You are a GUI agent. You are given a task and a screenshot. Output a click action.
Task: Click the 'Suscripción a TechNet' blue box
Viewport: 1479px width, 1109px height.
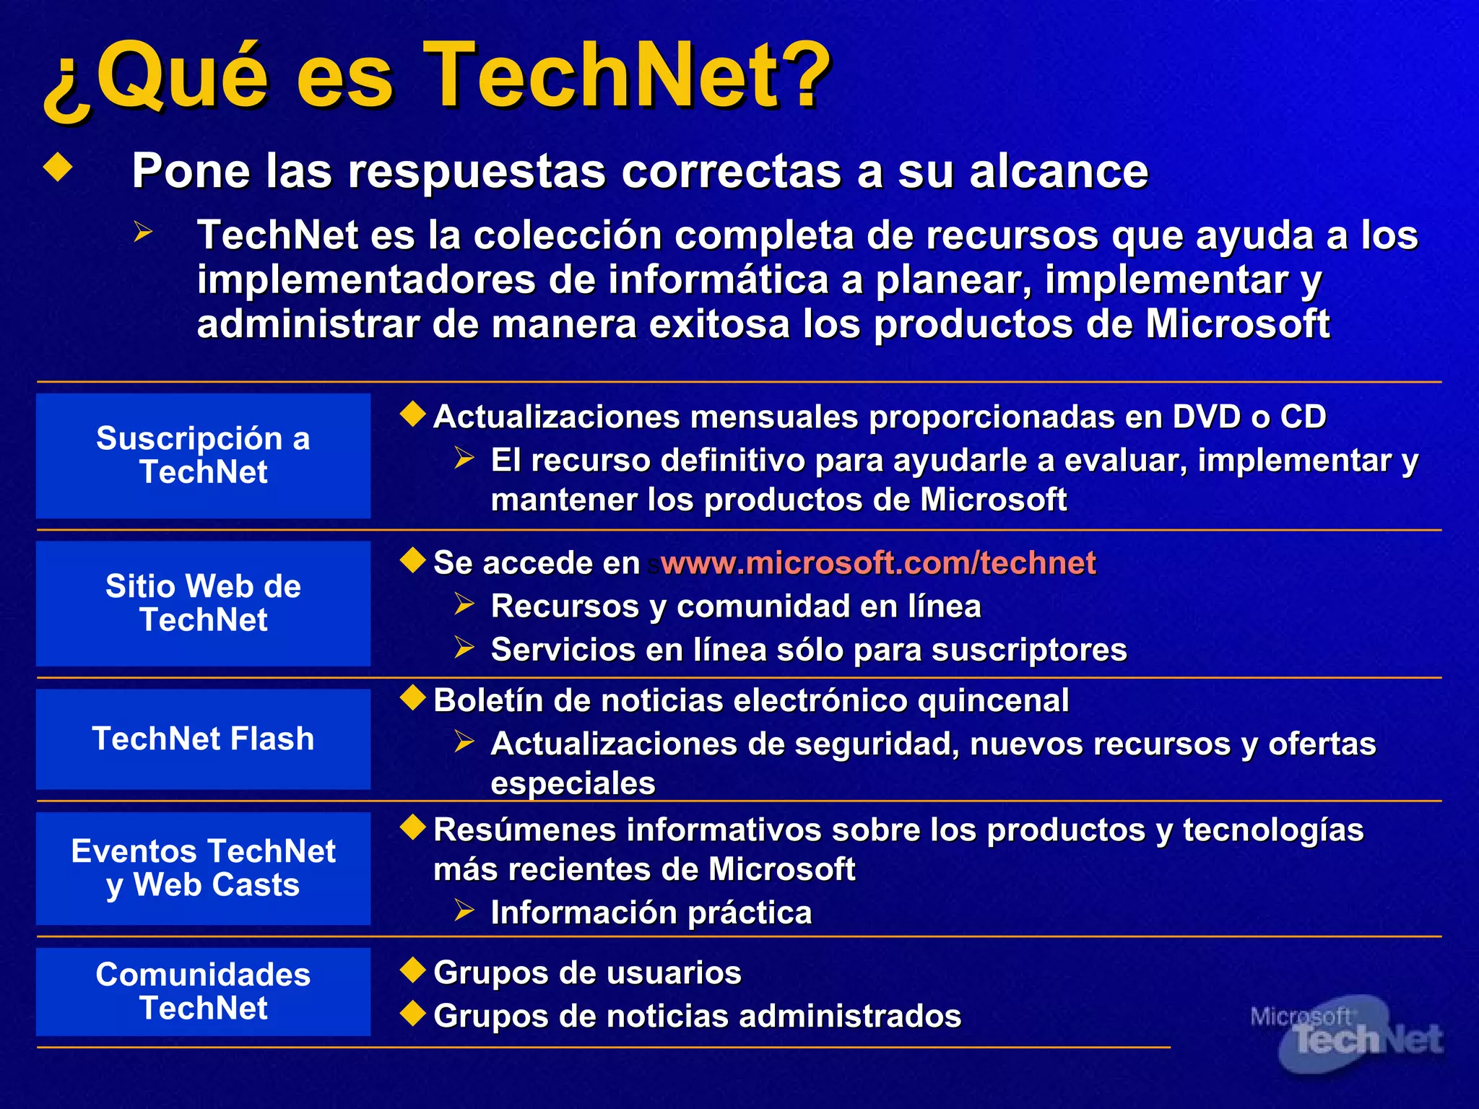point(203,456)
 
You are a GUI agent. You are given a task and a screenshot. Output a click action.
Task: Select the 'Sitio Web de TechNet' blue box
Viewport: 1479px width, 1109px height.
point(203,603)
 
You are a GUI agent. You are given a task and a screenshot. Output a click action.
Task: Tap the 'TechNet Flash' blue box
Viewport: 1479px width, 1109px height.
point(203,739)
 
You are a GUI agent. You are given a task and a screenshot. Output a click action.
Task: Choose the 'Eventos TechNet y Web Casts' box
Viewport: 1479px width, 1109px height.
point(203,868)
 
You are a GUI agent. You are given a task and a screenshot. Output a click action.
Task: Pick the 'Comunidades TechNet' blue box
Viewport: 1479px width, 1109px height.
point(203,991)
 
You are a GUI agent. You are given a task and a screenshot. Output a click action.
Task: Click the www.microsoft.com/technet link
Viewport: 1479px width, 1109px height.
point(877,563)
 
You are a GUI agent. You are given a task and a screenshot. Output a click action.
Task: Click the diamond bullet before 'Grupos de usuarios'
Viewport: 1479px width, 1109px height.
point(413,970)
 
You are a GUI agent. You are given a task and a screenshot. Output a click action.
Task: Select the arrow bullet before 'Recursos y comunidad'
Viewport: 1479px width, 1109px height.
point(464,604)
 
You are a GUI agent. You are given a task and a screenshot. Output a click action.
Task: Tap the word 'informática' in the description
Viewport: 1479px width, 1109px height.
point(718,280)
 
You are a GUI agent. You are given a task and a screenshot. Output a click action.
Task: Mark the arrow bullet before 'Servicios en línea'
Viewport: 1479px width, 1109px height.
point(464,647)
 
